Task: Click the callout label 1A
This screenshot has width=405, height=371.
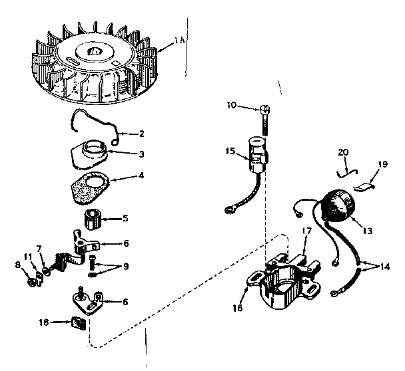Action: (x=179, y=42)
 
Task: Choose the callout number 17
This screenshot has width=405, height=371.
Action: (x=306, y=232)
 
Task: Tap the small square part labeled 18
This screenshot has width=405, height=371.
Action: (x=79, y=324)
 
